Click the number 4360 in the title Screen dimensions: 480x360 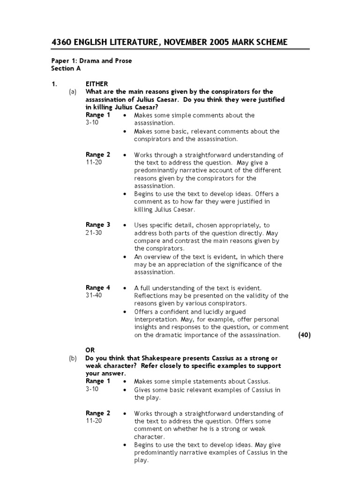[x=61, y=43]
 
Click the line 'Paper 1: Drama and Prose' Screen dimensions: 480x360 [x=91, y=60]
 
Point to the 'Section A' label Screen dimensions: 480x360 [x=63, y=68]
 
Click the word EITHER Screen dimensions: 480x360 [x=97, y=84]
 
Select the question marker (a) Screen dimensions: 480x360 [x=73, y=92]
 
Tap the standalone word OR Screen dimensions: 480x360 [x=90, y=350]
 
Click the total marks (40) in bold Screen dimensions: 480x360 [x=304, y=335]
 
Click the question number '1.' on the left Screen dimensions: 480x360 [x=54, y=84]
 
